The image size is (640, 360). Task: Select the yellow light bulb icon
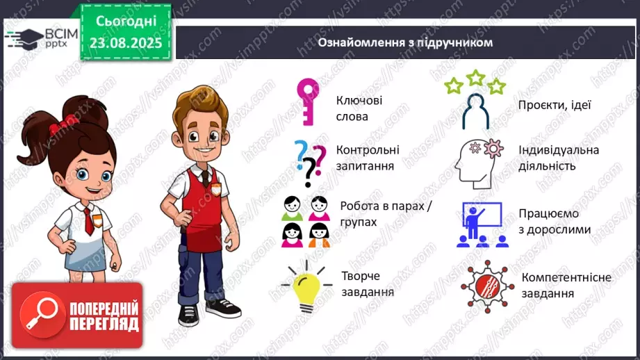[x=305, y=286]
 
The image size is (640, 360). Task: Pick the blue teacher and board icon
[x=479, y=224]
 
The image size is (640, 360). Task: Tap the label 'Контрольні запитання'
[x=368, y=158]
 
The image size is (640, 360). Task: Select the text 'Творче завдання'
[x=368, y=284]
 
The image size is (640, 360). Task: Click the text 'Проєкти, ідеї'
[x=553, y=105]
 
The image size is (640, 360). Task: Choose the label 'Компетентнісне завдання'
[x=566, y=285]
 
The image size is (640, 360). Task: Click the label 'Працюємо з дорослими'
[x=555, y=222]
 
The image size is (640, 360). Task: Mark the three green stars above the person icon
[x=476, y=81]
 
